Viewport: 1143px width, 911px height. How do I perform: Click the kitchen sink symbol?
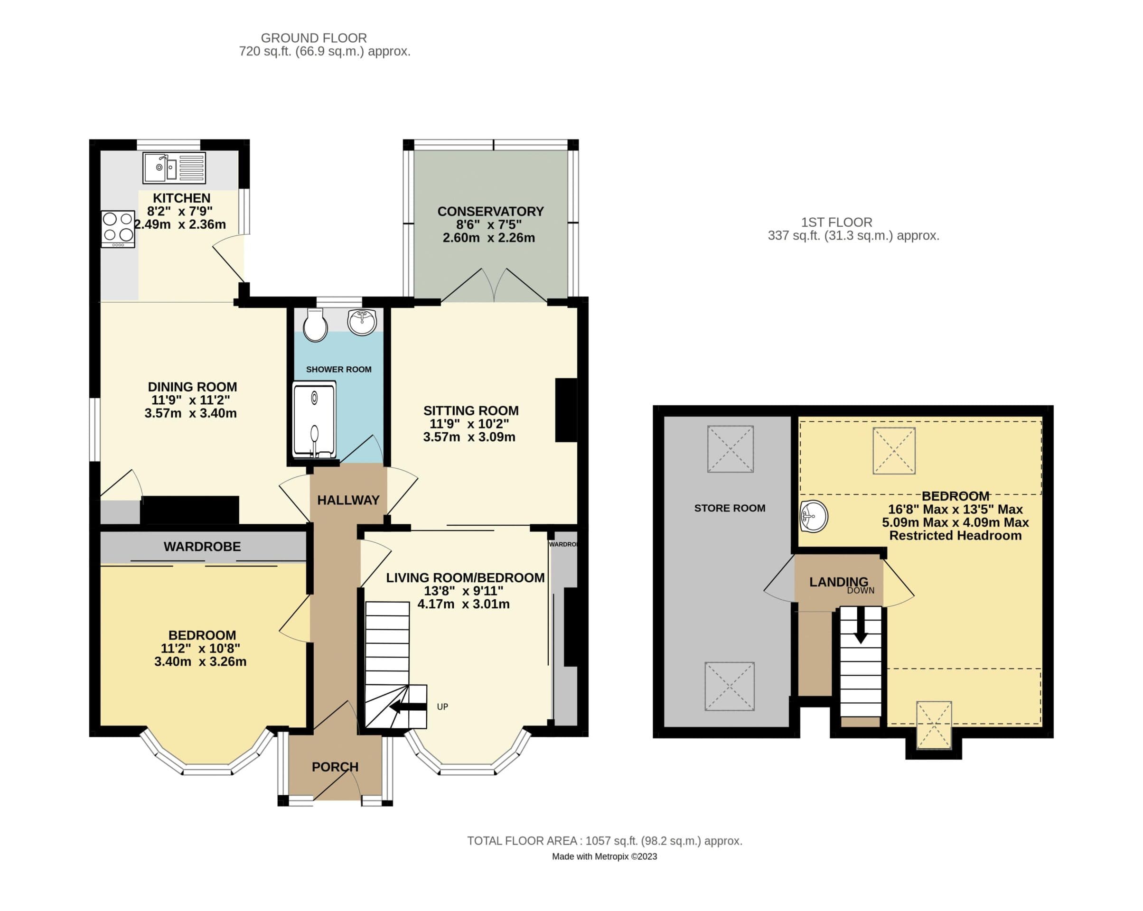[x=174, y=167]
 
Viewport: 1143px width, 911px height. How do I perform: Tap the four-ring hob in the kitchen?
[x=118, y=229]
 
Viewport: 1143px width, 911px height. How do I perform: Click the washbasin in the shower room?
[x=362, y=322]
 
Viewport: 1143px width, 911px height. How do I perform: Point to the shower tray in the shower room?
[x=314, y=420]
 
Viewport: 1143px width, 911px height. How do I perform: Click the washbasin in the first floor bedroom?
[x=813, y=516]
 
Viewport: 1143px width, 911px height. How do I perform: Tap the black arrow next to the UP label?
[x=408, y=706]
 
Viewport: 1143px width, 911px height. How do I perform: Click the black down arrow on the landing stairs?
[x=861, y=625]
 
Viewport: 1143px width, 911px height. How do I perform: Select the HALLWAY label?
[x=348, y=500]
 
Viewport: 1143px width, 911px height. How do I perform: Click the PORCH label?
[x=335, y=766]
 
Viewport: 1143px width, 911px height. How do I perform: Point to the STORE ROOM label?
[x=730, y=508]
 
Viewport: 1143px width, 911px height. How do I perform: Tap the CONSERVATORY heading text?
[x=490, y=212]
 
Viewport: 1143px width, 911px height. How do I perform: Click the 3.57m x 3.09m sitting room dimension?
[x=469, y=437]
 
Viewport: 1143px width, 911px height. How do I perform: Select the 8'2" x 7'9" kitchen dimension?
[x=180, y=211]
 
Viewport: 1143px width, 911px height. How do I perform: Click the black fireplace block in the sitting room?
[x=566, y=409]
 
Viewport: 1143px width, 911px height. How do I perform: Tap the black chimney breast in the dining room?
[x=189, y=509]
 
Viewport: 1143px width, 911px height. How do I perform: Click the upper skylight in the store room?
[x=730, y=448]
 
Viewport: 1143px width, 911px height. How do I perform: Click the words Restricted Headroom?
[x=955, y=535]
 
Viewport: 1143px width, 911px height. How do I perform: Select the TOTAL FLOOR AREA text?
[x=604, y=840]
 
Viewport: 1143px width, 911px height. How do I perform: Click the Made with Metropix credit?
[x=604, y=856]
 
